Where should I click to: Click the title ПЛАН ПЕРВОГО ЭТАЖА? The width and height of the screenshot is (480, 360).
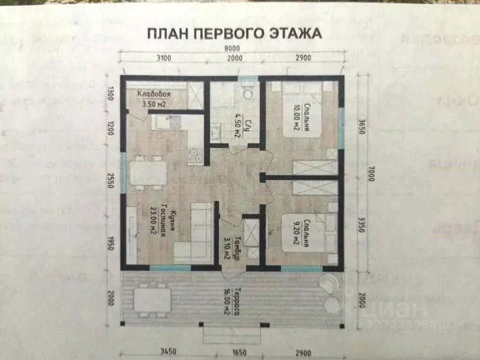pyautogui.click(x=234, y=34)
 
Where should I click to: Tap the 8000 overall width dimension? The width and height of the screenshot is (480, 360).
pyautogui.click(x=232, y=48)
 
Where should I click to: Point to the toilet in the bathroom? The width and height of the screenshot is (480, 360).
pyautogui.click(x=248, y=94)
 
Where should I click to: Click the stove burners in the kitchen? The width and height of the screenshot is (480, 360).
pyautogui.click(x=195, y=155)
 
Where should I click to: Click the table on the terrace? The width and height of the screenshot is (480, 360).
pyautogui.click(x=152, y=299)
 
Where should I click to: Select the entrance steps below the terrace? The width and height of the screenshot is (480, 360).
pyautogui.click(x=232, y=335)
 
